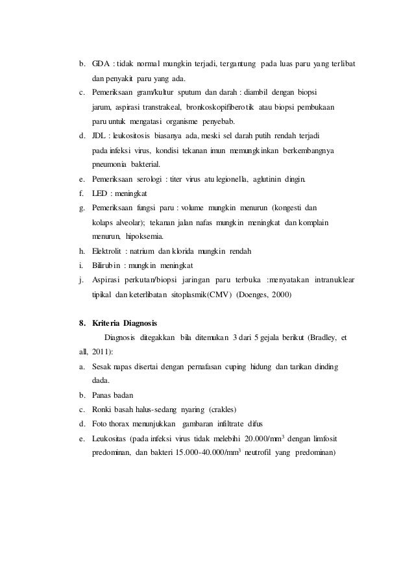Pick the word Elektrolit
tap(110, 251)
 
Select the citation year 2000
tap(279, 295)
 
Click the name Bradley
tap(326, 337)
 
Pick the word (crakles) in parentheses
tap(222, 410)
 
